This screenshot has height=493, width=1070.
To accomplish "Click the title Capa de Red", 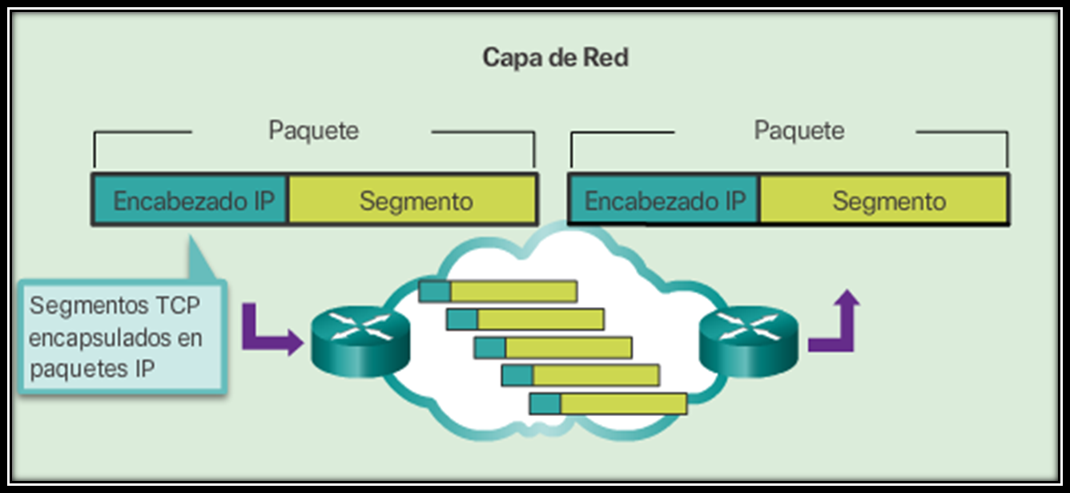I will pyautogui.click(x=555, y=59).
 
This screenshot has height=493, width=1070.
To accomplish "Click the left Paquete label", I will pyautogui.click(x=313, y=130).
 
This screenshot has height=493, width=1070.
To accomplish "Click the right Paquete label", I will pyautogui.click(x=798, y=130).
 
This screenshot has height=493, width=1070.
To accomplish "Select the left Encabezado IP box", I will pyautogui.click(x=191, y=200).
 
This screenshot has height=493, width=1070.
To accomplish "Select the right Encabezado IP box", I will pyautogui.click(x=664, y=200).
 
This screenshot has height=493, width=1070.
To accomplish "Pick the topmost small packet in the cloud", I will pyautogui.click(x=498, y=291).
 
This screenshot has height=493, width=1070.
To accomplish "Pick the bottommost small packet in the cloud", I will pyautogui.click(x=609, y=403).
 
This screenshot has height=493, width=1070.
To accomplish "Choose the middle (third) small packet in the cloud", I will pyautogui.click(x=553, y=347).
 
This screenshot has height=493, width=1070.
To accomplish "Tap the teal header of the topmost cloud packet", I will pyautogui.click(x=435, y=291).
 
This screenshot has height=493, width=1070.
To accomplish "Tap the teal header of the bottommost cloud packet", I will pyautogui.click(x=545, y=403).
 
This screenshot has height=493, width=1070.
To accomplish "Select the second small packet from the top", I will pyautogui.click(x=525, y=319).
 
